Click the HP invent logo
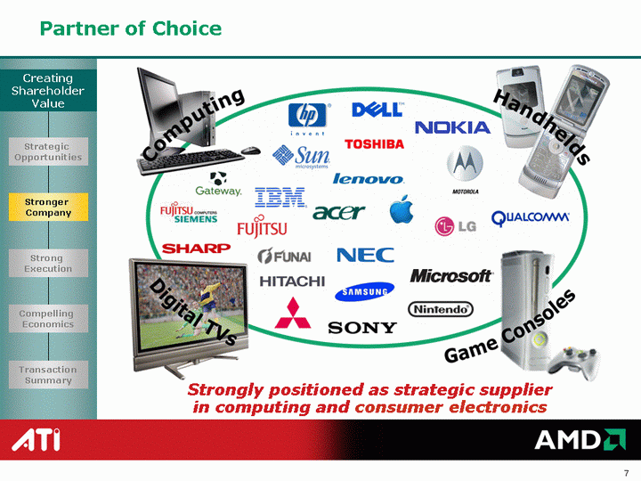[x=307, y=118]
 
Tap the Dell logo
[x=377, y=110]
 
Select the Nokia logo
[x=452, y=127]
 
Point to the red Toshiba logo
[x=374, y=144]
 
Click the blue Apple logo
[x=401, y=209]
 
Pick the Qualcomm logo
[x=530, y=217]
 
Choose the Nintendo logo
[x=441, y=309]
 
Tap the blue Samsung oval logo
[x=364, y=291]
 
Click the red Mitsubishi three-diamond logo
[x=293, y=313]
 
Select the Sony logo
[x=362, y=328]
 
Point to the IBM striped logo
[x=280, y=197]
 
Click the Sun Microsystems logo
[x=302, y=157]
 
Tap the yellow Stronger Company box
[x=48, y=207]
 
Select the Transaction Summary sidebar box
[x=48, y=375]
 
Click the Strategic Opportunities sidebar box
[x=48, y=151]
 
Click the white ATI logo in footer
[x=37, y=440]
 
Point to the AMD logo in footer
[x=580, y=440]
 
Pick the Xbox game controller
[x=574, y=363]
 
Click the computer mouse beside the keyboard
[x=250, y=151]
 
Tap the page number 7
[x=626, y=473]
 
